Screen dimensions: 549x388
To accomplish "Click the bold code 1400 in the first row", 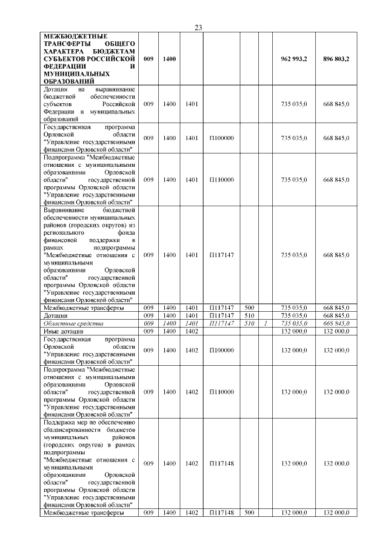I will (x=170, y=59).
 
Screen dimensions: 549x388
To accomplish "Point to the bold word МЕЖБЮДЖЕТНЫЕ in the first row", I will (x=68, y=36).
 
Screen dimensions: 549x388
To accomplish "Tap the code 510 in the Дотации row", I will (x=249, y=316).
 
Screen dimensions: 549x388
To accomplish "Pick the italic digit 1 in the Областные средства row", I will (x=265, y=324).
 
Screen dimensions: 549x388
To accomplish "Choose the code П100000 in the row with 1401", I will (x=221, y=138).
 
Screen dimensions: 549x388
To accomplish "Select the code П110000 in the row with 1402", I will (x=221, y=392).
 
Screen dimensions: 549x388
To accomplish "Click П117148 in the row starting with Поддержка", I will (x=221, y=463).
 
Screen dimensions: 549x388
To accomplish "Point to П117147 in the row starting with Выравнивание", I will (x=221, y=255).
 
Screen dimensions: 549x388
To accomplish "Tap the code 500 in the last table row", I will (x=249, y=513).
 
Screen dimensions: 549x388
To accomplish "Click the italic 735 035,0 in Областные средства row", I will (x=294, y=324).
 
